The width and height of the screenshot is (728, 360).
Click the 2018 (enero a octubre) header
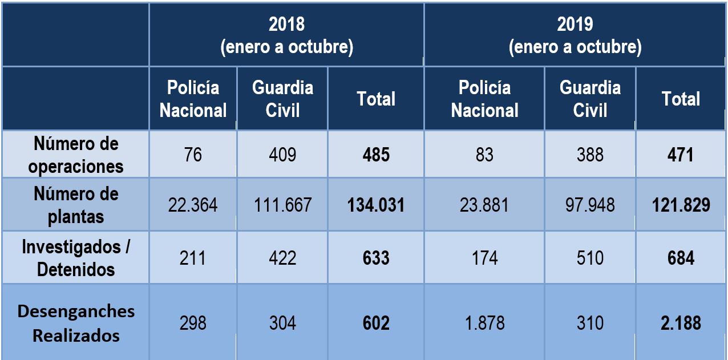coord(286,35)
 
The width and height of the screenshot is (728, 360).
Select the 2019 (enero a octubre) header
coord(575,35)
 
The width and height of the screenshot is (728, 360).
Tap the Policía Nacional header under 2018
coord(193,99)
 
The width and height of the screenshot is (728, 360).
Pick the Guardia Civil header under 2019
coord(590,99)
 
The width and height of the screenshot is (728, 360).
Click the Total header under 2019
coord(681,99)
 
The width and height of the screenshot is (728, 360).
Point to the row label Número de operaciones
coord(75,155)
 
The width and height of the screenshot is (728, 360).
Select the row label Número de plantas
coord(75,205)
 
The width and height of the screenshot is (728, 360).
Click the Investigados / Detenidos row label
coord(75,258)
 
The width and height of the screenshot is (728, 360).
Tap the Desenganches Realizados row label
coord(75,323)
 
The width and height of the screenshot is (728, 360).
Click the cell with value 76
coord(193,155)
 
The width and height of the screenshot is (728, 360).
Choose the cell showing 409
coord(282,155)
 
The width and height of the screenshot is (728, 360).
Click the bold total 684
coord(681,258)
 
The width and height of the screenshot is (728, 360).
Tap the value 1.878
coord(484,323)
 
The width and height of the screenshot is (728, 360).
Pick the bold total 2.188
coord(681,323)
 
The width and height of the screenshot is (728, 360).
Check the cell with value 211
coord(193,258)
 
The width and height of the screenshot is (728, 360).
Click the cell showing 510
coord(590,258)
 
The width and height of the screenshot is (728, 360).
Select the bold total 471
coord(681,155)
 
